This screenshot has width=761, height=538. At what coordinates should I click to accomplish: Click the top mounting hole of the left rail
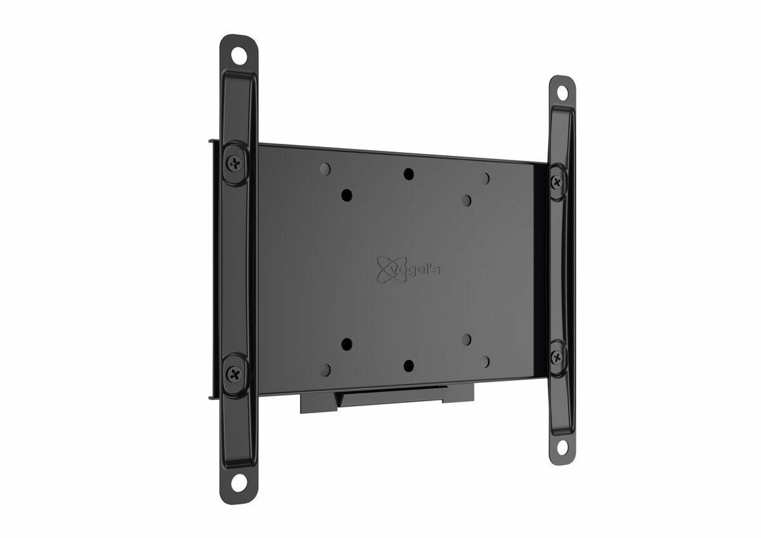(x=239, y=55)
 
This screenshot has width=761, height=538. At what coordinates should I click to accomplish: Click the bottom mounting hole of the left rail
(x=238, y=482)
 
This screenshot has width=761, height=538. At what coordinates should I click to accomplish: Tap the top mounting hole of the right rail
(x=562, y=93)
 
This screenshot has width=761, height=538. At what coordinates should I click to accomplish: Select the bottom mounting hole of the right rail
(x=562, y=447)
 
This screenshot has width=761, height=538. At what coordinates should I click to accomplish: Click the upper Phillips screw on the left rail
(x=236, y=163)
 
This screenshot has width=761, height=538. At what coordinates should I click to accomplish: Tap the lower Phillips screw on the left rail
(x=235, y=375)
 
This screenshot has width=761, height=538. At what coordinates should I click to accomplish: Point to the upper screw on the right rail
(x=557, y=182)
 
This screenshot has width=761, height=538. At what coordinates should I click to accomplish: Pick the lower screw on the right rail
(x=557, y=356)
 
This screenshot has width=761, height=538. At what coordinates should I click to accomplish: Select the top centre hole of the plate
(x=408, y=173)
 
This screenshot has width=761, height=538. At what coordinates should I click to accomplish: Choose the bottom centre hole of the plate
(x=409, y=366)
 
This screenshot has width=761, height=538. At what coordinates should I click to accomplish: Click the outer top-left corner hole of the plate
(x=325, y=169)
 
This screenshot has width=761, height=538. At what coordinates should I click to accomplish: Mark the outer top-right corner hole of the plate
(x=485, y=179)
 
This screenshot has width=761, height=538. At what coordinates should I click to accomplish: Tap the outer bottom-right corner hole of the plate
(x=485, y=362)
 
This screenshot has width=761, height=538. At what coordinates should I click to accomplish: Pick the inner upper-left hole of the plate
(x=347, y=195)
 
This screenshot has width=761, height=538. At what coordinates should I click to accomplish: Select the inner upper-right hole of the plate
(x=466, y=200)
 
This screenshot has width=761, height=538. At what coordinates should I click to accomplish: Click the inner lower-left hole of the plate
(x=347, y=345)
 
